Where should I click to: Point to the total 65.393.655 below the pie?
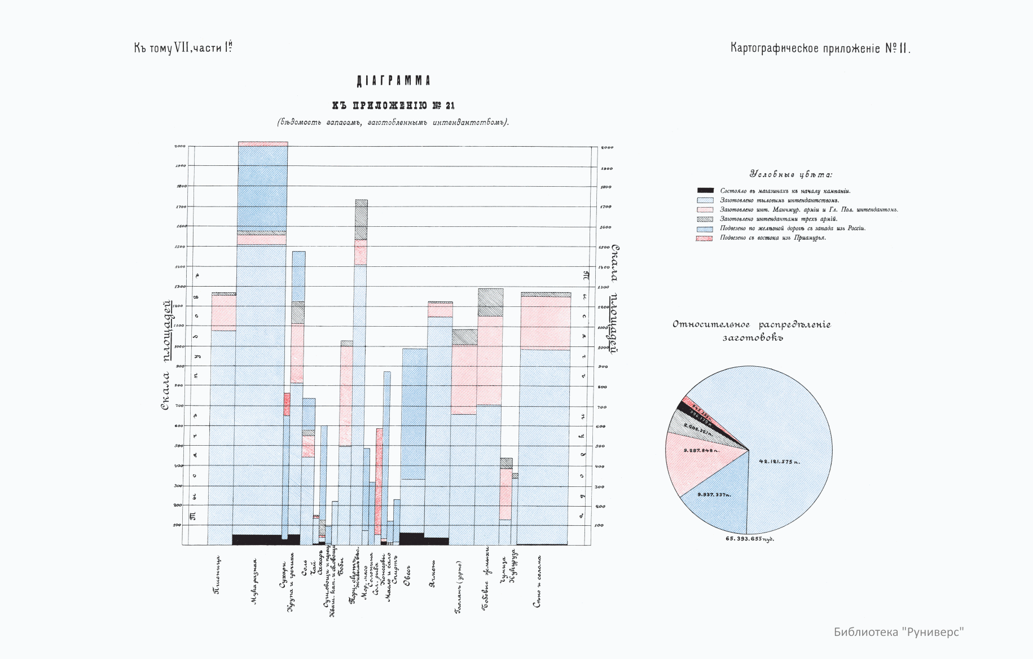click(749, 539)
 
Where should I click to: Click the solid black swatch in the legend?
click(705, 191)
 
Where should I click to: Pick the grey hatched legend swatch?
click(705, 219)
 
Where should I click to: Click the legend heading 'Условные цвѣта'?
click(790, 174)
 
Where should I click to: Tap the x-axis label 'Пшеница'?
click(217, 575)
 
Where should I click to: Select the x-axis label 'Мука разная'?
click(255, 582)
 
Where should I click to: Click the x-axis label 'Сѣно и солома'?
click(538, 581)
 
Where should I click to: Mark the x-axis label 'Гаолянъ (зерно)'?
click(459, 587)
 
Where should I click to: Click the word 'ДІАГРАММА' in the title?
click(393, 81)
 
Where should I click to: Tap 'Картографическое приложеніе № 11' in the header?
click(820, 48)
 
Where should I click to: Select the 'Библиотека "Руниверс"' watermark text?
click(898, 632)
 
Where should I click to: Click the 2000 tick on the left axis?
click(180, 146)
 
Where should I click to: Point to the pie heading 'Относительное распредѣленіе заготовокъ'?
click(751, 331)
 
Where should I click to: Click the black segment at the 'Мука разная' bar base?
click(260, 539)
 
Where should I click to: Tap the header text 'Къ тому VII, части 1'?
click(183, 48)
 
